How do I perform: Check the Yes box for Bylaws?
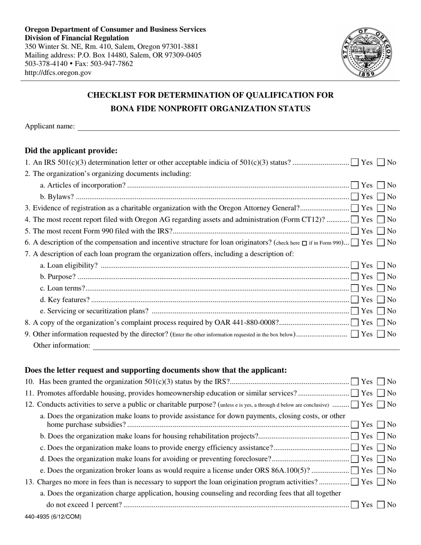coord(355,197)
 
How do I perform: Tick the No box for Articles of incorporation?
coord(381,185)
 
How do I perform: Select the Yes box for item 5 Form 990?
coord(355,231)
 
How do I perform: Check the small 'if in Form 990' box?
coord(304,243)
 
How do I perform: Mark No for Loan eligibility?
coord(381,265)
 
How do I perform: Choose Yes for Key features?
coord(355,300)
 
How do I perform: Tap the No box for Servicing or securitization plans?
coord(381,311)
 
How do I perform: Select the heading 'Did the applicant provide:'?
coord(71,151)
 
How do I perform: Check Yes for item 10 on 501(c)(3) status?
coord(355,381)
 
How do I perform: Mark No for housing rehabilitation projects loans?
coord(381,436)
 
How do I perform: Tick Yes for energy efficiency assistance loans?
coord(355,448)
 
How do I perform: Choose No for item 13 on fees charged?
coord(381,482)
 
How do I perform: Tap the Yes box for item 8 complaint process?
coord(355,323)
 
